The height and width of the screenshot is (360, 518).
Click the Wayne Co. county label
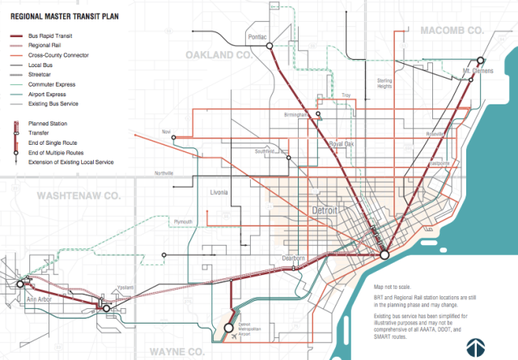point(163,351)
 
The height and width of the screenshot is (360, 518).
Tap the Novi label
point(168,131)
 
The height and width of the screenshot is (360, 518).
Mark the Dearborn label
point(292,259)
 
